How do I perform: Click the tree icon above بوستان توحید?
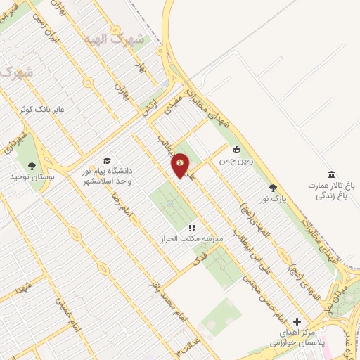(31, 166)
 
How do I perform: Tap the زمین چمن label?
(236, 160)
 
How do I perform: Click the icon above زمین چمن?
(236, 149)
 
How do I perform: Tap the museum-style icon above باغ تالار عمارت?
(332, 174)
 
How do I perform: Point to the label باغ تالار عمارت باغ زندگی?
(331, 190)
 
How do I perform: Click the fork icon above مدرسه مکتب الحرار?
(191, 228)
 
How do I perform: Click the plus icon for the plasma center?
(297, 321)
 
